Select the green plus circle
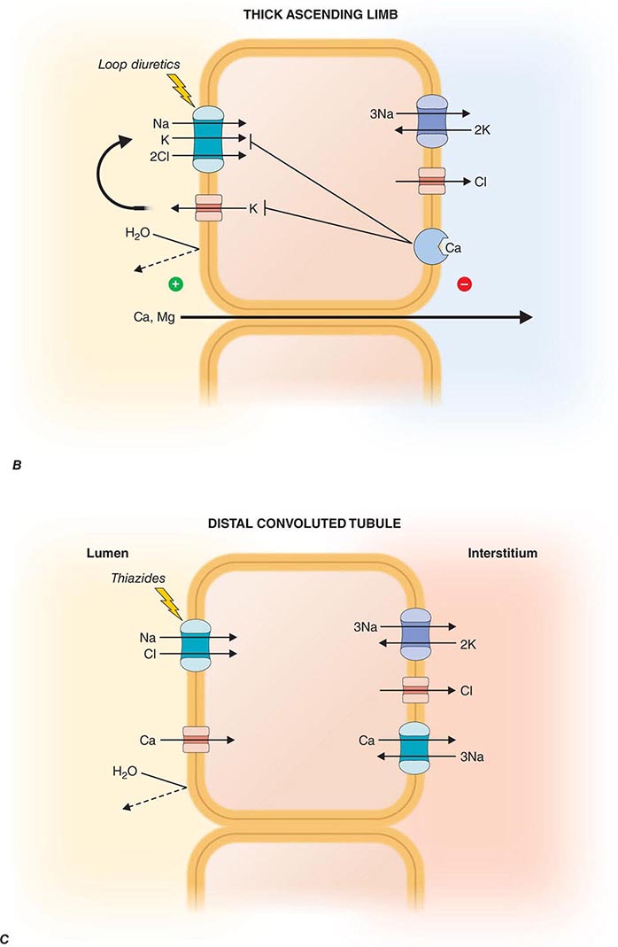point(175,284)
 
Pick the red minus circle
point(465,284)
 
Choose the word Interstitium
point(502,553)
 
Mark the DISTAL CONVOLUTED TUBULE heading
point(308,524)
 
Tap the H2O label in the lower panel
point(126,772)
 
